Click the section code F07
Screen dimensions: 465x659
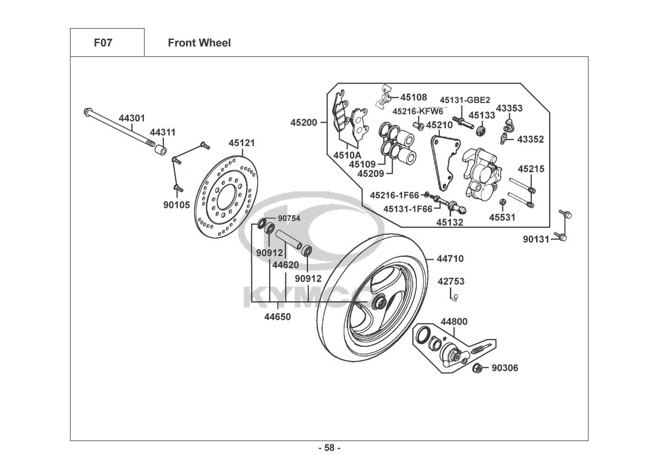click(x=103, y=43)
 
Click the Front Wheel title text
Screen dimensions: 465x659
click(x=199, y=43)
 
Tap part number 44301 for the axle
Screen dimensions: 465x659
click(x=132, y=118)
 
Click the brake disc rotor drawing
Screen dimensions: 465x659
click(x=226, y=195)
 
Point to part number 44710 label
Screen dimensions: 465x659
click(x=450, y=259)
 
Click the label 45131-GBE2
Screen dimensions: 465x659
click(x=465, y=100)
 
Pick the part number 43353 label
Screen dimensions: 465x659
click(x=509, y=108)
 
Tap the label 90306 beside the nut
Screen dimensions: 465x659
click(x=505, y=368)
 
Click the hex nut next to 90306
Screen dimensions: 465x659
click(x=477, y=368)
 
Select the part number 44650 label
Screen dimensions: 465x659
click(x=278, y=317)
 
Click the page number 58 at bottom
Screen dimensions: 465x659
click(x=329, y=448)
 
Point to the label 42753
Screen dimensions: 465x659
click(x=451, y=281)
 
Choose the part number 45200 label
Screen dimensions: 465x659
click(x=304, y=123)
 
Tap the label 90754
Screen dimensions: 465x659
click(x=289, y=218)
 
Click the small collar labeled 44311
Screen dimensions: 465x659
click(x=161, y=151)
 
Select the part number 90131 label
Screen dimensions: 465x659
click(x=536, y=239)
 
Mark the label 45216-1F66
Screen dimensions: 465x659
click(x=394, y=195)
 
